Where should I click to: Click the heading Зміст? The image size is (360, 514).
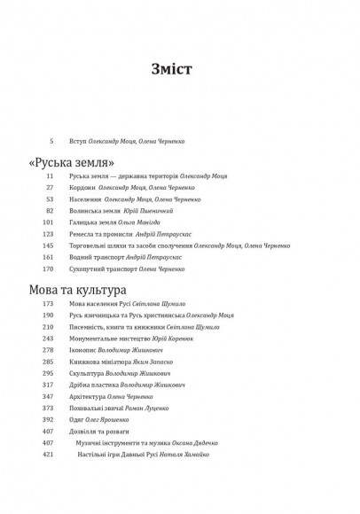pyautogui.click(x=179, y=69)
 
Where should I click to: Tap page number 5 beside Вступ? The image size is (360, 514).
pyautogui.click(x=52, y=141)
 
